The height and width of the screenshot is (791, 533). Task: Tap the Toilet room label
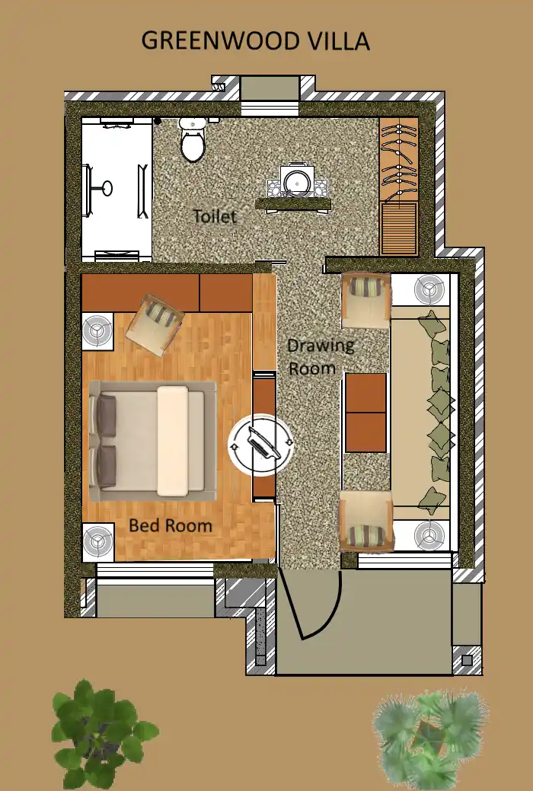pyautogui.click(x=214, y=216)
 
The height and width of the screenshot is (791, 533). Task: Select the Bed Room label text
pyautogui.click(x=170, y=525)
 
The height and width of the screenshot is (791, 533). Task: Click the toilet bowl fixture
pyautogui.click(x=192, y=141)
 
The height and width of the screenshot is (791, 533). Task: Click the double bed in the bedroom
pyautogui.click(x=152, y=440)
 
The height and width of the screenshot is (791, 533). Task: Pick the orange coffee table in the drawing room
pyautogui.click(x=365, y=413)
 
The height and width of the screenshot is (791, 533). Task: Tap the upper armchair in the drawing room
pyautogui.click(x=365, y=300)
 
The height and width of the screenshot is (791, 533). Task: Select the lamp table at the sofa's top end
pyautogui.click(x=429, y=290)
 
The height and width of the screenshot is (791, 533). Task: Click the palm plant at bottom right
pyautogui.click(x=429, y=737)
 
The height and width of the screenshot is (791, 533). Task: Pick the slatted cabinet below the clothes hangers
pyautogui.click(x=398, y=228)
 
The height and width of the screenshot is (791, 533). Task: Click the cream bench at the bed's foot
pyautogui.click(x=172, y=440)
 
